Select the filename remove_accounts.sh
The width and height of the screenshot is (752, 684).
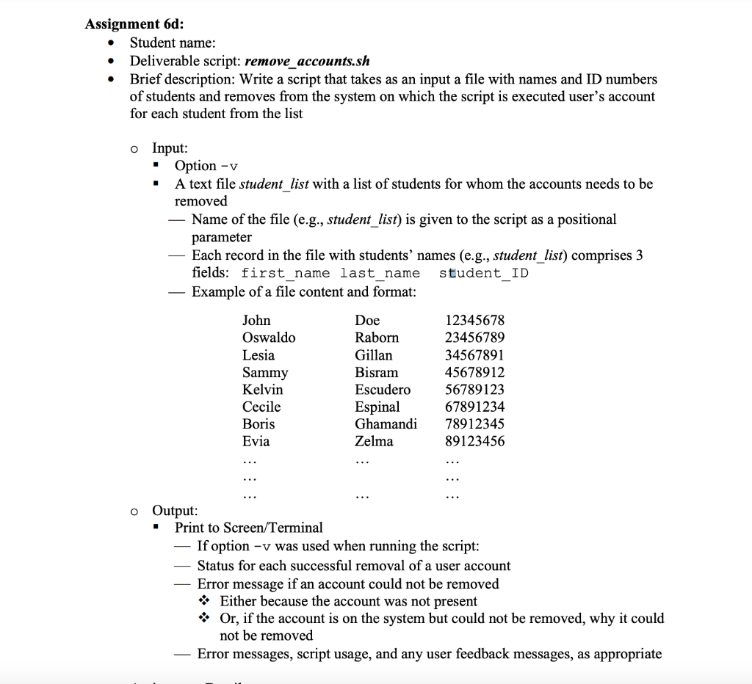coord(301,61)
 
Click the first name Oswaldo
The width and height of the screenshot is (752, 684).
coord(269,338)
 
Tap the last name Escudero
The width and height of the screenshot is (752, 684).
coord(383,389)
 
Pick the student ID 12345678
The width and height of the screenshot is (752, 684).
coord(475,321)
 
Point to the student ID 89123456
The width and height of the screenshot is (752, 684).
coord(475,441)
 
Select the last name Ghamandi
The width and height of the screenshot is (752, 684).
coord(386,423)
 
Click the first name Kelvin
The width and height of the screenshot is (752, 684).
coord(262,389)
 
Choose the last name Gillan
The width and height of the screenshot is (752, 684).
coord(373,355)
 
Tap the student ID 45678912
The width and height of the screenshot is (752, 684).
coord(475,372)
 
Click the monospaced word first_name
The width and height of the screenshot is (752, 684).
coord(286,274)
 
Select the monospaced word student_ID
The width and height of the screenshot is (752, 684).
coord(483,274)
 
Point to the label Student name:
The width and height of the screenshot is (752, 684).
coord(173,43)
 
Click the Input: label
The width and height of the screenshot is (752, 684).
coord(170,148)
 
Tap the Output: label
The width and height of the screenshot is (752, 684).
coord(174,510)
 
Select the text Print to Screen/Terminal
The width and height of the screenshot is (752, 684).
coord(248,528)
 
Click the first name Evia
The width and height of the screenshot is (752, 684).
coord(256,441)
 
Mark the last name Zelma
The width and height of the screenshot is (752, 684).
coord(374,441)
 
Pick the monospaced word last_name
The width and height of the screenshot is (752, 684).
coord(380,274)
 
